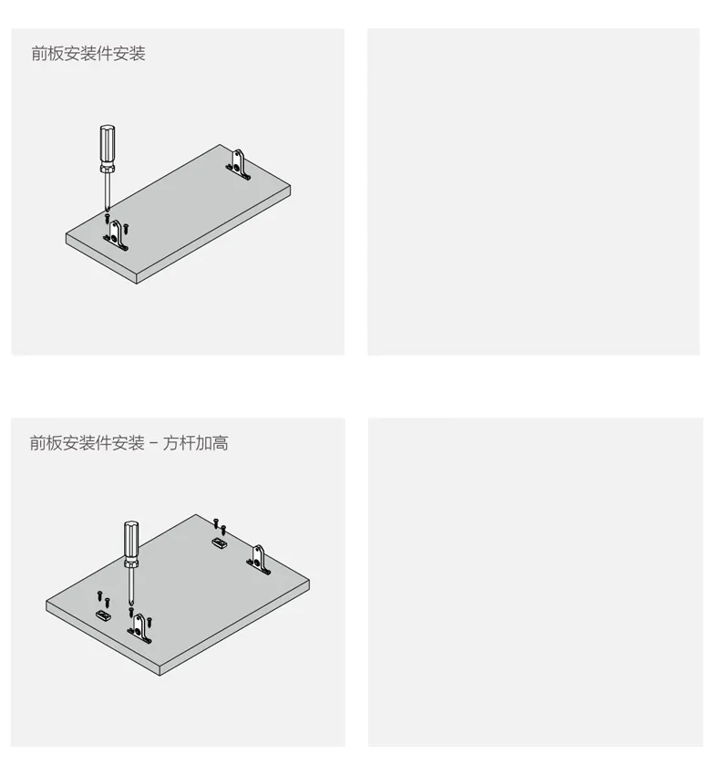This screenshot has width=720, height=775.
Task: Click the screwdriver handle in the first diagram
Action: point(108,144)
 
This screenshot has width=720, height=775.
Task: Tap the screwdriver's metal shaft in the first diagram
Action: point(107,191)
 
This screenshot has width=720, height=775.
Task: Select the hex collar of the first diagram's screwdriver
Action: point(108,169)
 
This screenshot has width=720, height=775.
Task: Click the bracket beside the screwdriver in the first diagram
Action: point(115,236)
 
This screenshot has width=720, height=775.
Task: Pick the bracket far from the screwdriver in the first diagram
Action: point(239,165)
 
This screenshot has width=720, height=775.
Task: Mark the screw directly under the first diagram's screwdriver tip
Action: point(108,218)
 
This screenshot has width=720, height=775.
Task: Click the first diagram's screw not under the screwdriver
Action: point(126,228)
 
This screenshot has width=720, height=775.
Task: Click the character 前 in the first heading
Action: point(39,54)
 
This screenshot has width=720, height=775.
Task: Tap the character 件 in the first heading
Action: point(104,54)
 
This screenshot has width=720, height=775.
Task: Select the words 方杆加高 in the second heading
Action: point(196,443)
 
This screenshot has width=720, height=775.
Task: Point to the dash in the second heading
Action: point(154,443)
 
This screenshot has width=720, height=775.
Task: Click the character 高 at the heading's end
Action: point(221,443)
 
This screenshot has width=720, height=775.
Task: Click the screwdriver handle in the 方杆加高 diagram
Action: point(131,539)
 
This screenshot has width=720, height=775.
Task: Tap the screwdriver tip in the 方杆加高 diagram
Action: point(131,604)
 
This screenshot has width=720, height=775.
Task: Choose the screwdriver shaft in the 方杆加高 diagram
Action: point(131,585)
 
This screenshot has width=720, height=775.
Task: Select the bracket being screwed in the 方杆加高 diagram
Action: point(139,629)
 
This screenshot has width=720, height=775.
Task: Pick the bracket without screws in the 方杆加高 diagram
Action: point(259,560)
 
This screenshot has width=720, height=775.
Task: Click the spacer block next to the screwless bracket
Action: point(220,543)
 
